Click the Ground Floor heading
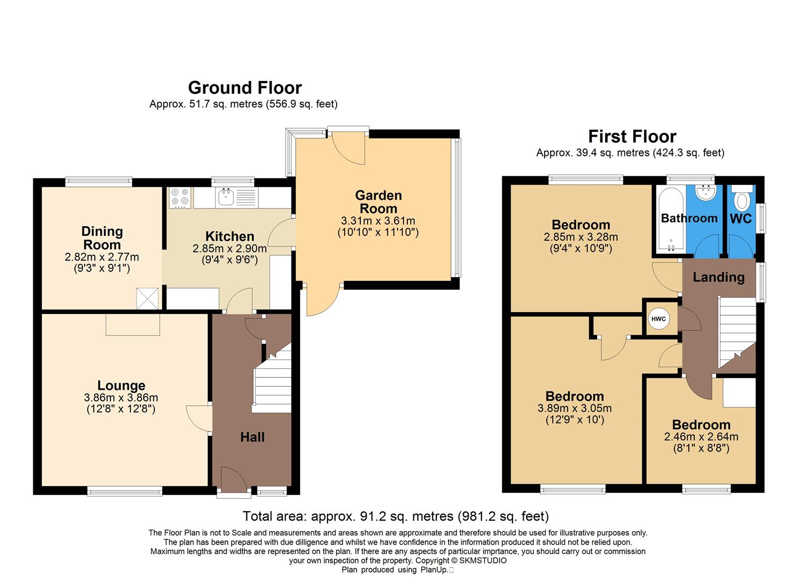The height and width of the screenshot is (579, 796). click(x=245, y=87)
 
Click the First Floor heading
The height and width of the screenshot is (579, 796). click(x=632, y=136)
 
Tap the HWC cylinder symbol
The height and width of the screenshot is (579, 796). click(x=658, y=319)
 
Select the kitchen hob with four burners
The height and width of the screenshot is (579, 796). click(x=179, y=197)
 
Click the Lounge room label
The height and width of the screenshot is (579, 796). click(x=121, y=385)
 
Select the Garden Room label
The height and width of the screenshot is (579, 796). click(x=378, y=202)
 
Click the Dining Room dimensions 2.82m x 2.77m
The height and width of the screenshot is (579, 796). click(x=102, y=257)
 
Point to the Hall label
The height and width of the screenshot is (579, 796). click(x=252, y=437)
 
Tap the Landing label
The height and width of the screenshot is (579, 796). click(x=718, y=277)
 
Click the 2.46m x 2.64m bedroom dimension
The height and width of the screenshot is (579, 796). click(x=701, y=437)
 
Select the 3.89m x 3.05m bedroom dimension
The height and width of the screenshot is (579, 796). click(x=575, y=408)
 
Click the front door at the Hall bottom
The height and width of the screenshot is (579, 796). click(x=233, y=480)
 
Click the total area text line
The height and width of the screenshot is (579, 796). click(x=396, y=516)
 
